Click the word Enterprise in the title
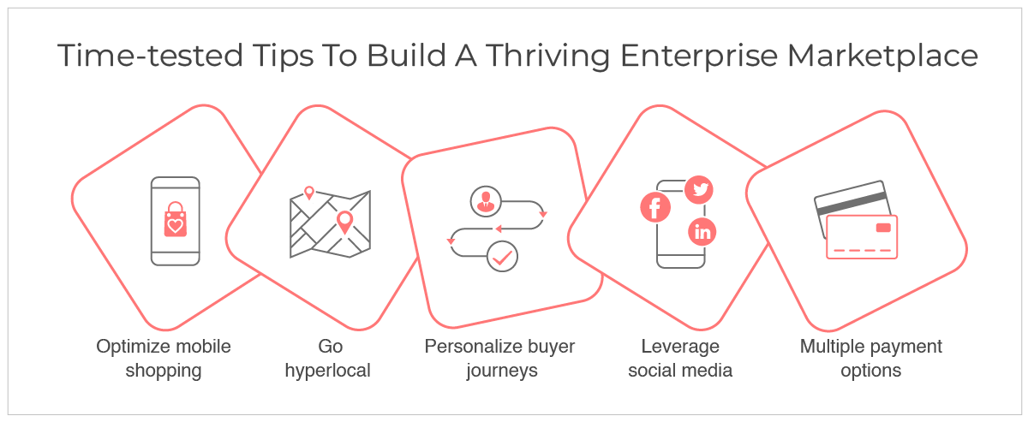pos(699,56)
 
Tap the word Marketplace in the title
pos(883,56)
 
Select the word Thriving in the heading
pos(547,56)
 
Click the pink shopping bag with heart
pos(176,220)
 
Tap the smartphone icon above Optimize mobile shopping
pos(176,221)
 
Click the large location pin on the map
pos(344,223)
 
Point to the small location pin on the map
pos(309,193)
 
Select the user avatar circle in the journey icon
pos(486,201)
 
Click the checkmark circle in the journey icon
pos(502,257)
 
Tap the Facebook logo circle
pos(655,207)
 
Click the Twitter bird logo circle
pos(699,189)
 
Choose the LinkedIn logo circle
pos(702,232)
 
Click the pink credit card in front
pos(862,237)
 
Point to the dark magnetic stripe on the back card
pos(852,204)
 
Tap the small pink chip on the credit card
pos(883,228)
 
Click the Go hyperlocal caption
pos(328,359)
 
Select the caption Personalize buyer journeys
pos(499,359)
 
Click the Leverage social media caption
pos(680,359)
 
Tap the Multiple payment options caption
pos(871,359)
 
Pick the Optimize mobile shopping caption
pos(164,359)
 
